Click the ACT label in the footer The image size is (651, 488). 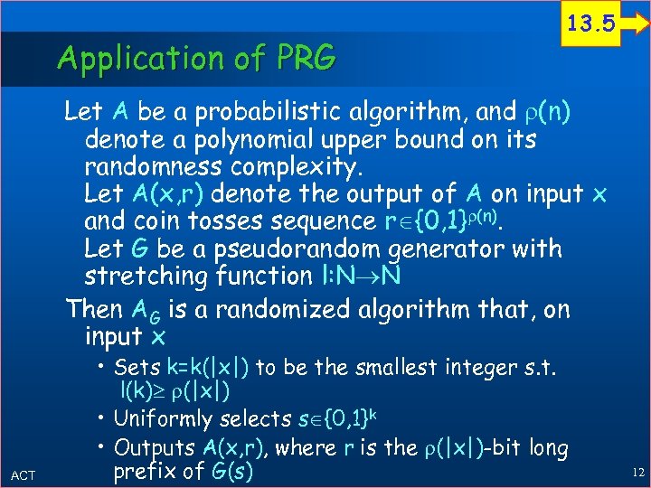pyautogui.click(x=24, y=475)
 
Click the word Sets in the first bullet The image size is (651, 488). pyautogui.click(x=137, y=369)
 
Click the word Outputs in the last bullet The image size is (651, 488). pyautogui.click(x=156, y=447)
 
